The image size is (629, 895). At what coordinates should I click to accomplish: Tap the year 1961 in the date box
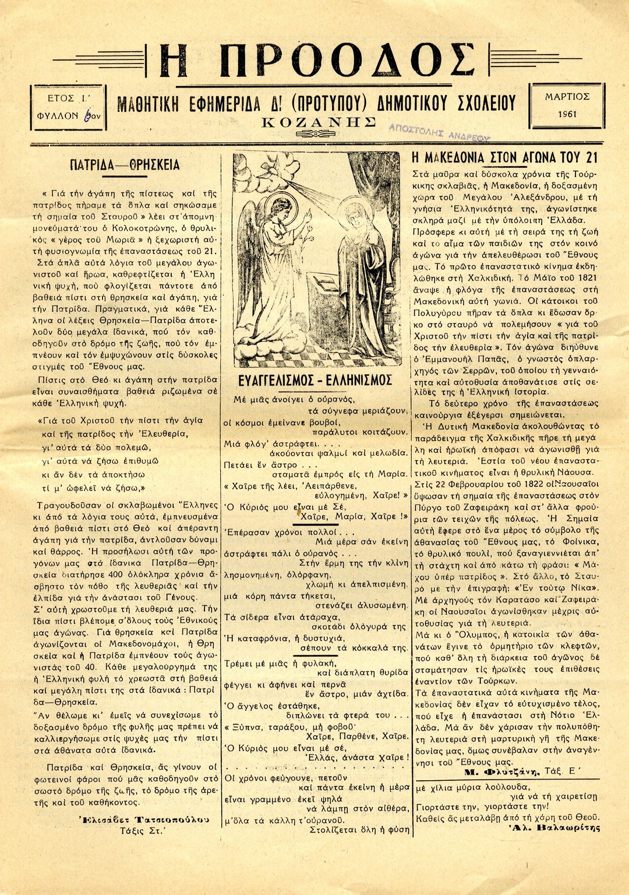pos(567,114)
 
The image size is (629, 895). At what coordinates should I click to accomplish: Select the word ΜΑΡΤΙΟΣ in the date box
pos(567,97)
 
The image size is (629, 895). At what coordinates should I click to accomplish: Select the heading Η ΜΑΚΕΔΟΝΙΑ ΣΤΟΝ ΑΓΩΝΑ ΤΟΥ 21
pos(504,157)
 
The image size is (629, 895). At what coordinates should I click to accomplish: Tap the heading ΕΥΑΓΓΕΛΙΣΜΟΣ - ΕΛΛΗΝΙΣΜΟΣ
pos(316,381)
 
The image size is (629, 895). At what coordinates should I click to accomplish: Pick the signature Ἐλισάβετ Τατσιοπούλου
pos(143,819)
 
